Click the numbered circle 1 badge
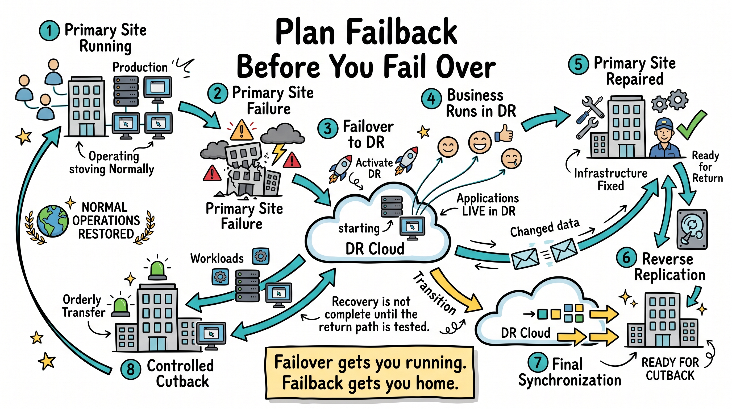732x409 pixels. coord(49,31)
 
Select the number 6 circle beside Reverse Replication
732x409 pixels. coord(626,258)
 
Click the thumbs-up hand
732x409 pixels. coord(504,133)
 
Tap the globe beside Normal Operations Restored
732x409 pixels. coord(53,221)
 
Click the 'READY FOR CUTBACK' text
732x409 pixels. coord(670,369)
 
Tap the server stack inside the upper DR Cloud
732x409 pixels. coord(392,206)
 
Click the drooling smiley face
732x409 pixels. coord(511,159)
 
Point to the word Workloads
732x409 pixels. coord(217,258)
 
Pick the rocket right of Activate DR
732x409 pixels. coord(407,160)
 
